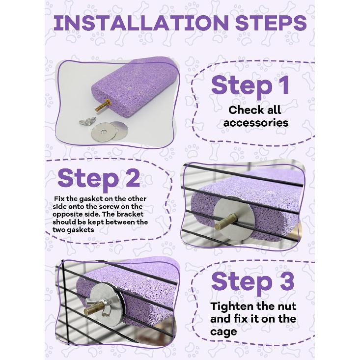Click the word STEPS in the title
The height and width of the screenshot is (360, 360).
tap(266, 24)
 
